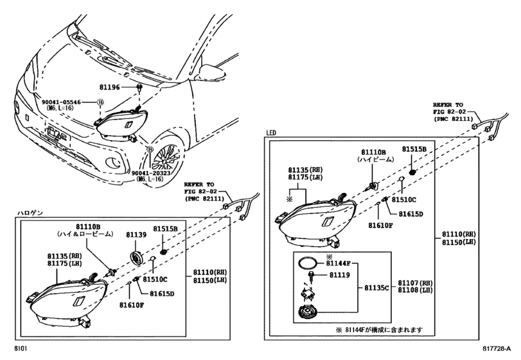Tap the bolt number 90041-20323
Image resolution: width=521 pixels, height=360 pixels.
150,174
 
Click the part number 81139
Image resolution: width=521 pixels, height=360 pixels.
136,237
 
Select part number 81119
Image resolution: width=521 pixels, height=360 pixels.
339,275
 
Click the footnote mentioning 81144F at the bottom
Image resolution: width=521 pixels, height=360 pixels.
379,330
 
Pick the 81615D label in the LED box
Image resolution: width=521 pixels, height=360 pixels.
412,213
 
